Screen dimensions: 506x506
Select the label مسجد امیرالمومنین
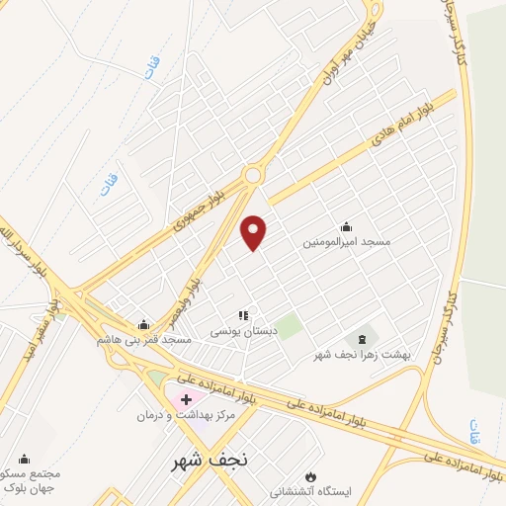[348, 241]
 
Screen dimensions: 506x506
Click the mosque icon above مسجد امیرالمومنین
[346, 226]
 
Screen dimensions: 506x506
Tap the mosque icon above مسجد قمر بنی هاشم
[144, 324]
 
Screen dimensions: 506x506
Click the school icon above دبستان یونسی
[242, 315]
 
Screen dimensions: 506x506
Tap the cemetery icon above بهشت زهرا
[360, 340]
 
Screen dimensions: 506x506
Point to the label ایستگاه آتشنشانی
[313, 490]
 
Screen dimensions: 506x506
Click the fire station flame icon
[313, 475]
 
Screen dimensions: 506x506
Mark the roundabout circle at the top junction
[254, 175]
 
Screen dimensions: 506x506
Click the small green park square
[288, 327]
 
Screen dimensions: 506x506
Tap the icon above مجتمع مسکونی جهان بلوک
[25, 459]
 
